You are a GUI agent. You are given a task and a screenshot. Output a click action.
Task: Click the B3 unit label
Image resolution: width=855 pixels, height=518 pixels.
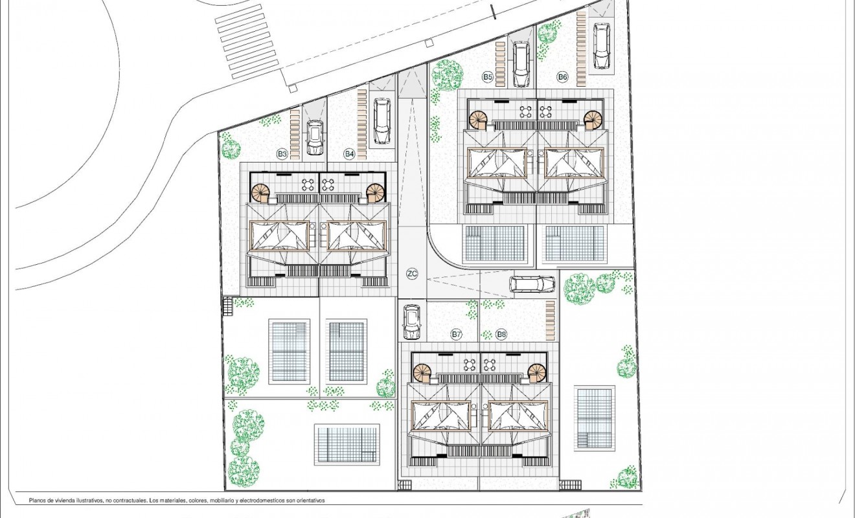click(282, 153)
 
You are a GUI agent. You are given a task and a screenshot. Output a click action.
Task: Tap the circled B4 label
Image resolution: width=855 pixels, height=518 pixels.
click(349, 153)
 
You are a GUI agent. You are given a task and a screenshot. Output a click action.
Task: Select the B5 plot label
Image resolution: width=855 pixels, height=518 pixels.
click(488, 77)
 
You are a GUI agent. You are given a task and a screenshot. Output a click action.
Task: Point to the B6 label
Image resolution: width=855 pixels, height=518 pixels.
click(562, 77)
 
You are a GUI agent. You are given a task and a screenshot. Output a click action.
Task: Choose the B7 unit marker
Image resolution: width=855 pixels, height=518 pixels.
click(457, 334)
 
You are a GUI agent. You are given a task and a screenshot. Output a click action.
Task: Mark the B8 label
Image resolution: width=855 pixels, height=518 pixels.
click(501, 334)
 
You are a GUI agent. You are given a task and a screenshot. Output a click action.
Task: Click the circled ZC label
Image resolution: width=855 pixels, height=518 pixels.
click(412, 274)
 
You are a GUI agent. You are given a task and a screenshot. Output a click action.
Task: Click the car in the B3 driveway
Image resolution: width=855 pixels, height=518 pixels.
click(315, 137)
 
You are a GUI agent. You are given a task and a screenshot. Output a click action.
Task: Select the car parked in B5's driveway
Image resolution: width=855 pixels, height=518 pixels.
click(521, 63)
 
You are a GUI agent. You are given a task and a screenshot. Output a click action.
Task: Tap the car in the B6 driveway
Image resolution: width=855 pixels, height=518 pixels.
click(602, 45)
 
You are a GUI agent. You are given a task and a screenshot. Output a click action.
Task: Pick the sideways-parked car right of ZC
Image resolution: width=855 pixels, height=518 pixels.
click(532, 284)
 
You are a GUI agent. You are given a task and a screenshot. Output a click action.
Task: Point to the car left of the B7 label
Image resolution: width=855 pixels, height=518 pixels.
click(412, 321)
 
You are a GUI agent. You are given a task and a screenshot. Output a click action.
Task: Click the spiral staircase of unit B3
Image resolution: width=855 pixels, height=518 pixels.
click(261, 192)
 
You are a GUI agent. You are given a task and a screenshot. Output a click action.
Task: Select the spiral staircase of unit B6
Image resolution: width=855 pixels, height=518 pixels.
click(593, 119)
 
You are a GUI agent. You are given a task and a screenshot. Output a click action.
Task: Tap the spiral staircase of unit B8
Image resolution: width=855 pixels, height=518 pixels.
click(537, 372)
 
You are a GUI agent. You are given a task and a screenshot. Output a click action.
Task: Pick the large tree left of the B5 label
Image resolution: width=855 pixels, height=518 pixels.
click(446, 75)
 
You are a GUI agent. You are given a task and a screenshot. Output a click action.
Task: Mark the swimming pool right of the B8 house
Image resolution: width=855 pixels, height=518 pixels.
click(594, 419)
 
